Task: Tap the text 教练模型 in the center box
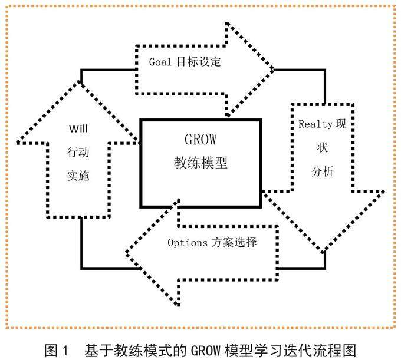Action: click(x=200, y=161)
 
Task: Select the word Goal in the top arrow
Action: click(x=159, y=60)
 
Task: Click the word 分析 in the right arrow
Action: click(x=323, y=172)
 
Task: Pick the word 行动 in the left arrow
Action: click(x=78, y=151)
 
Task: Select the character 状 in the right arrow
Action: click(x=322, y=148)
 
